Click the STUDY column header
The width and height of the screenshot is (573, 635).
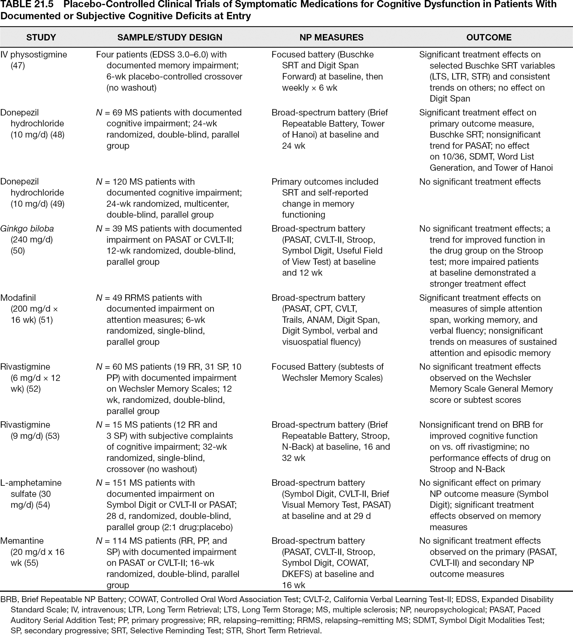(x=41, y=37)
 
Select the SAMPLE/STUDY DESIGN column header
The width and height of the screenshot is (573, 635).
(x=170, y=37)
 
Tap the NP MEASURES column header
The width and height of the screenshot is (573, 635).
(x=331, y=37)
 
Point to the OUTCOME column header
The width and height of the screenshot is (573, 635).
(x=489, y=37)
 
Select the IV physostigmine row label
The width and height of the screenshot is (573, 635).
(x=34, y=55)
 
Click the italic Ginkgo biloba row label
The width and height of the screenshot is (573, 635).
(x=27, y=229)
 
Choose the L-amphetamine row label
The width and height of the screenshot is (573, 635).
(x=31, y=483)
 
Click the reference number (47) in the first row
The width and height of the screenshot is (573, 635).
(x=18, y=66)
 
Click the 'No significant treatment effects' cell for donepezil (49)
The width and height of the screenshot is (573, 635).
(x=480, y=182)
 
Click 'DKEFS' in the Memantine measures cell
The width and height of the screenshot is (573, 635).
(x=296, y=574)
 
